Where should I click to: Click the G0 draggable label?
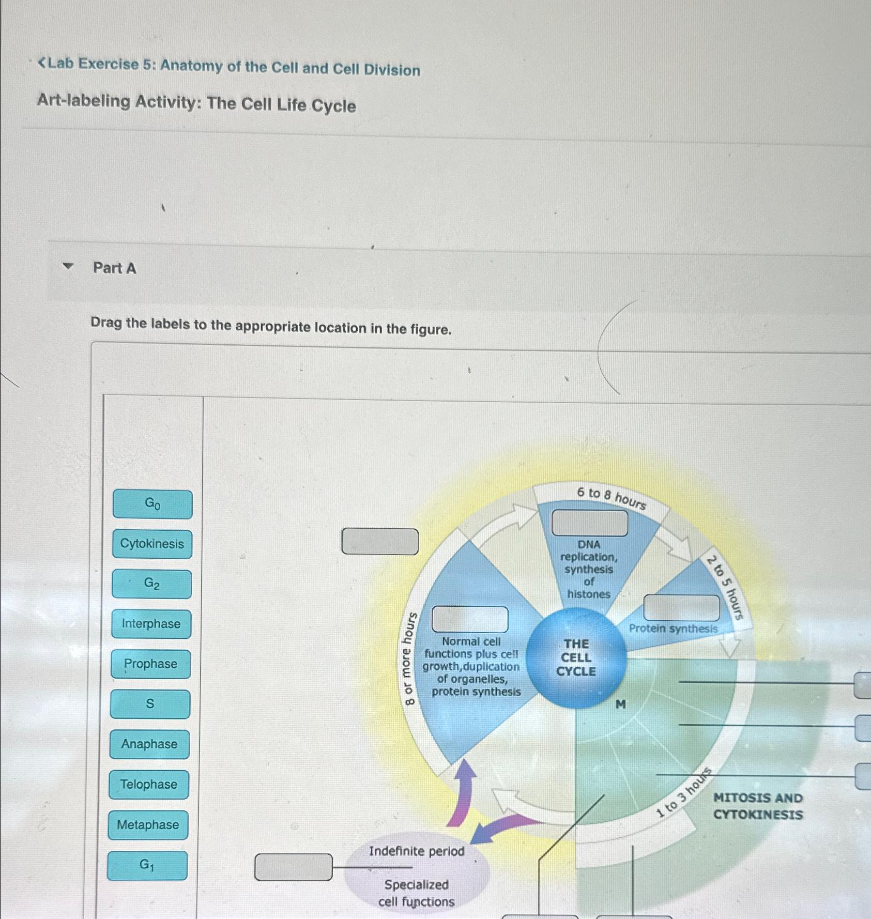pyautogui.click(x=152, y=504)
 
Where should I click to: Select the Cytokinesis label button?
pyautogui.click(x=152, y=544)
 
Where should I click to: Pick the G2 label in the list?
pyautogui.click(x=151, y=584)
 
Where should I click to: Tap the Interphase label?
pyautogui.click(x=151, y=624)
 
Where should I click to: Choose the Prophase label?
pyautogui.click(x=150, y=664)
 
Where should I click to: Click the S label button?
pyautogui.click(x=150, y=704)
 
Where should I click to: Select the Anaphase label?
pyautogui.click(x=149, y=744)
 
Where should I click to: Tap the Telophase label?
pyautogui.click(x=149, y=785)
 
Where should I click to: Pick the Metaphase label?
pyautogui.click(x=148, y=825)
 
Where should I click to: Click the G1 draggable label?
pyautogui.click(x=147, y=865)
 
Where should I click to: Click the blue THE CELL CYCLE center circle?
pyautogui.click(x=576, y=657)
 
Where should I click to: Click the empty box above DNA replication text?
pyautogui.click(x=590, y=523)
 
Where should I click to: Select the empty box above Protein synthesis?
pyautogui.click(x=681, y=607)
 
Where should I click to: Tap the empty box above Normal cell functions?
pyautogui.click(x=470, y=619)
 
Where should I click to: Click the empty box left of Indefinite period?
pyautogui.click(x=293, y=867)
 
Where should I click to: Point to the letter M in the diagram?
pyautogui.click(x=621, y=704)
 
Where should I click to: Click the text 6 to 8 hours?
pyautogui.click(x=612, y=497)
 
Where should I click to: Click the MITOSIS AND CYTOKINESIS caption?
pyautogui.click(x=758, y=806)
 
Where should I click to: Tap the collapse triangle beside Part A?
pyautogui.click(x=68, y=266)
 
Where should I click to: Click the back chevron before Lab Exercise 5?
pyautogui.click(x=43, y=63)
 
